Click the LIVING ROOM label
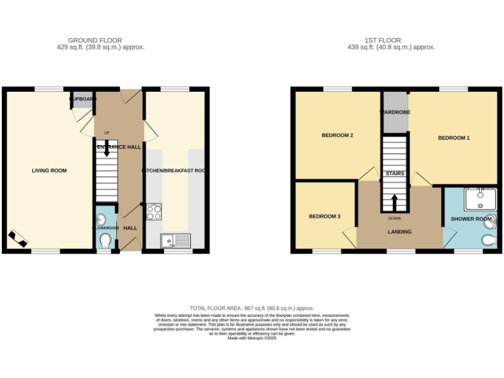(49, 171)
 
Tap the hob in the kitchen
(154, 211)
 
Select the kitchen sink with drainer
(175, 241)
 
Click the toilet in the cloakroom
(105, 241)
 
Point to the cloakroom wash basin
(101, 219)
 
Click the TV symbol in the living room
(18, 238)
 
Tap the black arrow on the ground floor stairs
(106, 148)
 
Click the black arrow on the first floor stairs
(394, 201)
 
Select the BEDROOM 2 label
(337, 136)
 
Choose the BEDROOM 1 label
(453, 138)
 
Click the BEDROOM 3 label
(325, 217)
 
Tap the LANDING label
(399, 232)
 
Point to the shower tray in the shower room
(480, 198)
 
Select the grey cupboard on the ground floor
(82, 99)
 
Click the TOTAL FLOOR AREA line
(252, 308)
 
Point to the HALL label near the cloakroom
(131, 228)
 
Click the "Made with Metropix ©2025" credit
(252, 338)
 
